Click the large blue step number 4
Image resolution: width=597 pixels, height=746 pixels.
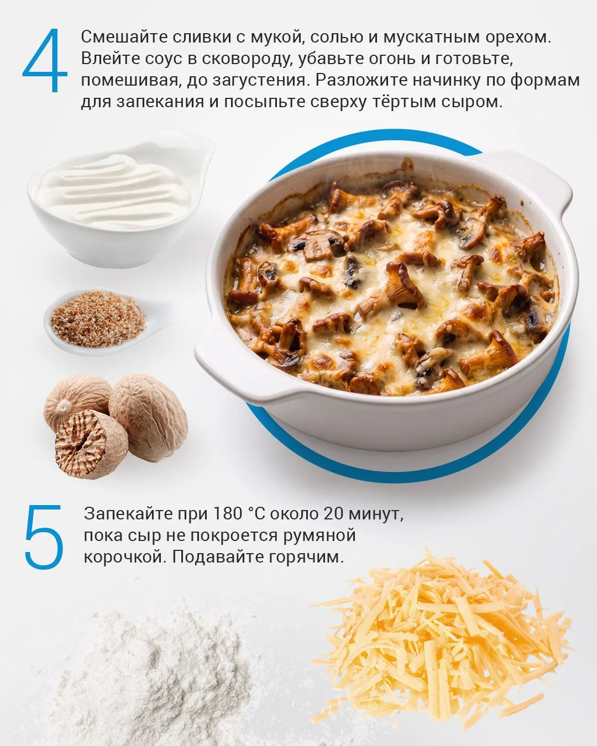(x=45, y=61)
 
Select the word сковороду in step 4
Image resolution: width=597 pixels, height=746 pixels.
(x=245, y=60)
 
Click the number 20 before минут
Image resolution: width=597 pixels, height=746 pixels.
(x=334, y=513)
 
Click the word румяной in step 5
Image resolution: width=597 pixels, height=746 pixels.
(x=320, y=535)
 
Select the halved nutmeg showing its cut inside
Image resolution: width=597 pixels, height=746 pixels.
(x=91, y=444)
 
